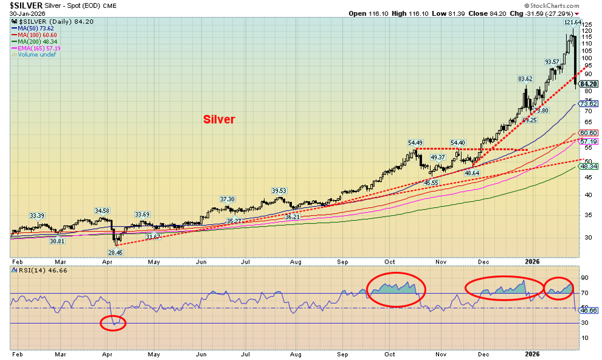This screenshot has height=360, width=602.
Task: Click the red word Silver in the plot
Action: pos(218,119)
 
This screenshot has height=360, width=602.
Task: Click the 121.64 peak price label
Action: pos(573,22)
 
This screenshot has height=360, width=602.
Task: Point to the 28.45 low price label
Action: pos(115,252)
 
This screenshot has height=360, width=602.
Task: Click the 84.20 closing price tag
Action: pos(589,84)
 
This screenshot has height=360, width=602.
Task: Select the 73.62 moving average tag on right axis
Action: pos(589,104)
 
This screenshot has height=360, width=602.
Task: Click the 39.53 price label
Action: pos(279,191)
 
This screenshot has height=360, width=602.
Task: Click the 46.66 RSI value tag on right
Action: pos(589,310)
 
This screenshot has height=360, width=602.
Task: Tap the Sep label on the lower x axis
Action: pos(343,353)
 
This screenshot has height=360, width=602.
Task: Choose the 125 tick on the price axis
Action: pos(586,24)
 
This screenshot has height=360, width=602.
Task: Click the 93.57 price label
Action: pos(552,62)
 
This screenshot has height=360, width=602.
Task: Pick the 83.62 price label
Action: pos(524,79)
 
